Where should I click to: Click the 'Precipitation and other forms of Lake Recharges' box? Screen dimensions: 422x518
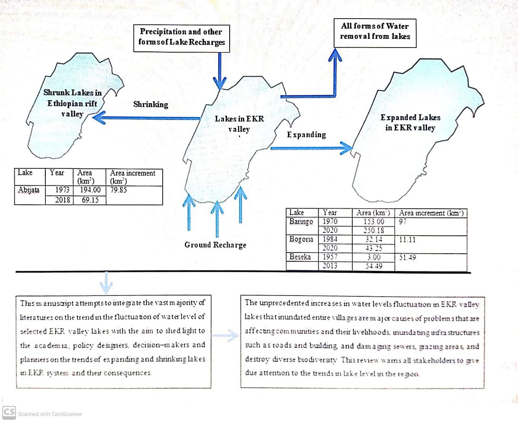coord(181,37)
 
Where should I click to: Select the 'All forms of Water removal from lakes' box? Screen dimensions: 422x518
coord(375,31)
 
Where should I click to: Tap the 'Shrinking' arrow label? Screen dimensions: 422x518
coord(151,105)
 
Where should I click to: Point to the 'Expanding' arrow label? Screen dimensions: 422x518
coord(306,135)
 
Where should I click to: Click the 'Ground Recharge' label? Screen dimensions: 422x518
coord(215,245)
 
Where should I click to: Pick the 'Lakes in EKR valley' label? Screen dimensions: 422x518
coord(239,124)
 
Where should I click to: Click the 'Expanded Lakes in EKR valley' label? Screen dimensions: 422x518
coord(410,123)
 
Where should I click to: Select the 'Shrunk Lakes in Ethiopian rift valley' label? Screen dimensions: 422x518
coord(73,103)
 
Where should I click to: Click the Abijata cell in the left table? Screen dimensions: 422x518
coord(28,189)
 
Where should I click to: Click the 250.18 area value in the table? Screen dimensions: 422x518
coord(373,230)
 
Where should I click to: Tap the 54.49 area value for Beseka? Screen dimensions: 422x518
coord(373,266)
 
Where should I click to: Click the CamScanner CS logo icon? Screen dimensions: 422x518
coord(9,412)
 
